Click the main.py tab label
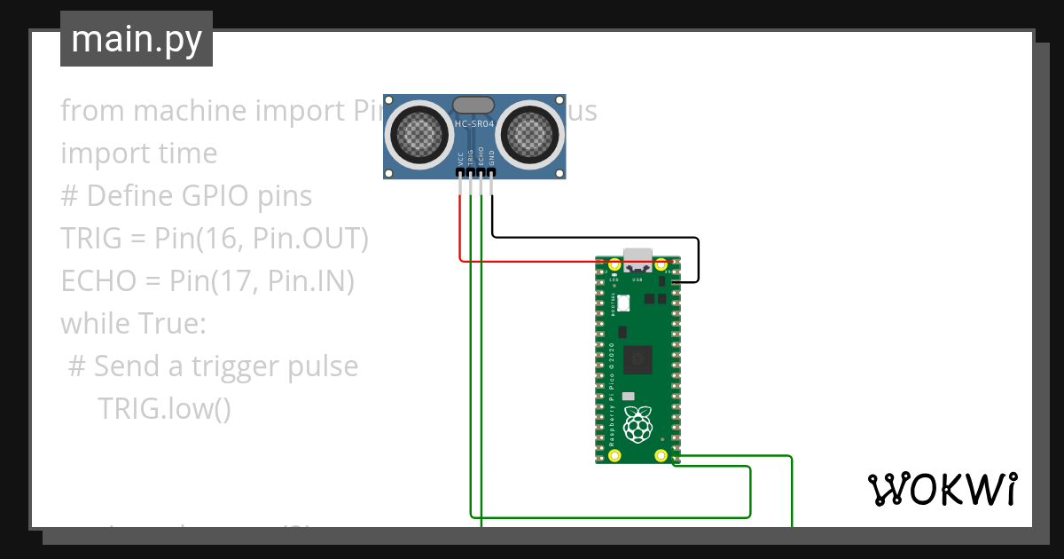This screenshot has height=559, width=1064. [x=136, y=39]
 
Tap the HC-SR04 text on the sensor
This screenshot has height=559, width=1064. [x=474, y=125]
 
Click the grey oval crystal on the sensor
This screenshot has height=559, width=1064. [x=474, y=105]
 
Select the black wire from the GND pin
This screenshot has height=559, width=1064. [x=594, y=237]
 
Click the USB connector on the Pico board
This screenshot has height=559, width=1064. [x=637, y=260]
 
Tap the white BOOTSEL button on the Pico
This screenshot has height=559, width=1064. [x=622, y=303]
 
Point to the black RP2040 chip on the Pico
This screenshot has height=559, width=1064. [x=637, y=359]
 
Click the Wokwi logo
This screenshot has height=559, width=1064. [x=942, y=489]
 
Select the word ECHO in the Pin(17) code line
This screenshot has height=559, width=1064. [x=94, y=281]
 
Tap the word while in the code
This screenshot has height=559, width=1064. [x=92, y=324]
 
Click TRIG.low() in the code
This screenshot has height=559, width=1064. [x=164, y=408]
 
